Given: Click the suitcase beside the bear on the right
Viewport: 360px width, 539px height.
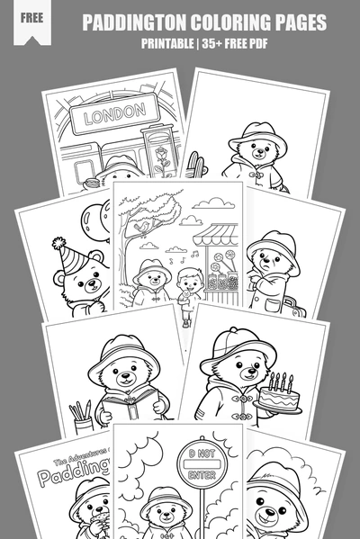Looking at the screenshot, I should [290, 308].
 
